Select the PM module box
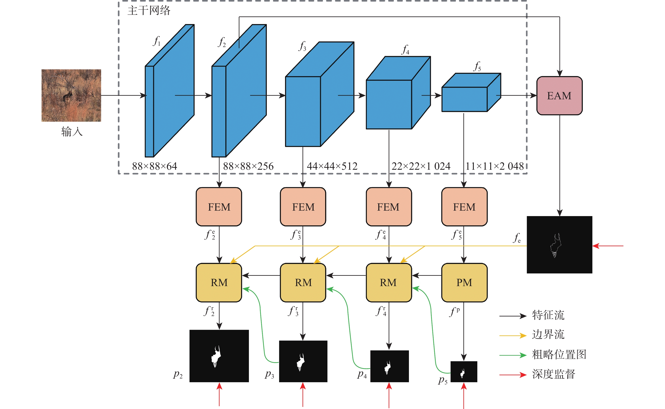click(x=464, y=283)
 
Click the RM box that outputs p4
click(x=388, y=283)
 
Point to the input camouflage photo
click(x=71, y=95)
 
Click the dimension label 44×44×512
click(x=332, y=166)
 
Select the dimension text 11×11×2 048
click(x=495, y=166)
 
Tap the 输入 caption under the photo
click(x=72, y=132)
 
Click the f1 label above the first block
click(x=157, y=41)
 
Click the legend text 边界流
click(x=548, y=335)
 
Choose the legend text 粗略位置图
click(x=559, y=354)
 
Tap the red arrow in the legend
click(x=513, y=375)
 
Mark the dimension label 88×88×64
click(x=154, y=166)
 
